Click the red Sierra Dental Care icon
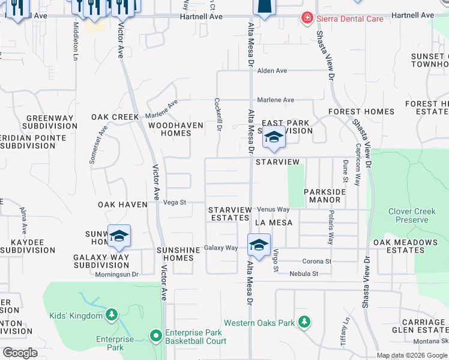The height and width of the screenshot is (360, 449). point(307,19)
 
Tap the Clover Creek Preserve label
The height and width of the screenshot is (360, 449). point(417,215)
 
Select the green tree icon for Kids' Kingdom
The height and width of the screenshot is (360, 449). point(111,314)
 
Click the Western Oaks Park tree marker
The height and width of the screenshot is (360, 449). point(304,322)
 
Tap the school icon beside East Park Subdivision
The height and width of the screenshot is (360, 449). point(274,137)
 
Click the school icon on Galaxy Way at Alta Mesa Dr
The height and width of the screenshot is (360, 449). point(259,245)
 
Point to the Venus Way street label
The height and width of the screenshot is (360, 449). point(274,209)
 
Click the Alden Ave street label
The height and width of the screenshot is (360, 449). point(272,71)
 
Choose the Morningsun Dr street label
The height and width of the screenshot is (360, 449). point(117,275)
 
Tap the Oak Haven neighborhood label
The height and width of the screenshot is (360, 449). point(122,205)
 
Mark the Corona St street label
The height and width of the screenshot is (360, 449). point(316,262)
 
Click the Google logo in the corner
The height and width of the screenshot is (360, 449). point(20,353)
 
